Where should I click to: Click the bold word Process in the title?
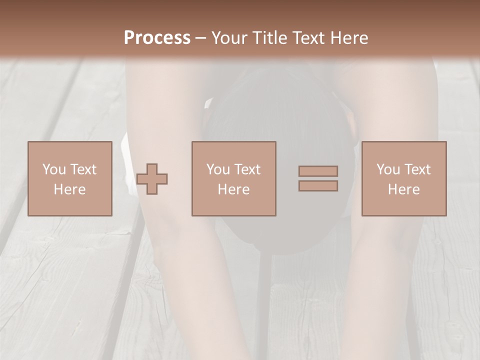[157, 38]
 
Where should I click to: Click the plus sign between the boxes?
[152, 179]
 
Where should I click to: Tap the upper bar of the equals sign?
[318, 171]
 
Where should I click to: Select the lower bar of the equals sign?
[318, 186]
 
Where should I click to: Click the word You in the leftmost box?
[54, 169]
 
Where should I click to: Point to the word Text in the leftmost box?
[83, 169]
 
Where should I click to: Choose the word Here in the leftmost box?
[69, 189]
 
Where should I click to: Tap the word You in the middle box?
[218, 169]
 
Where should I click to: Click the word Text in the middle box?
[247, 169]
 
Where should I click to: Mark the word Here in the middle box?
[233, 189]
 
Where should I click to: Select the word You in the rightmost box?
[388, 169]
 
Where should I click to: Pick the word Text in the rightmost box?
[417, 169]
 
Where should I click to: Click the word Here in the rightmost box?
[403, 189]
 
